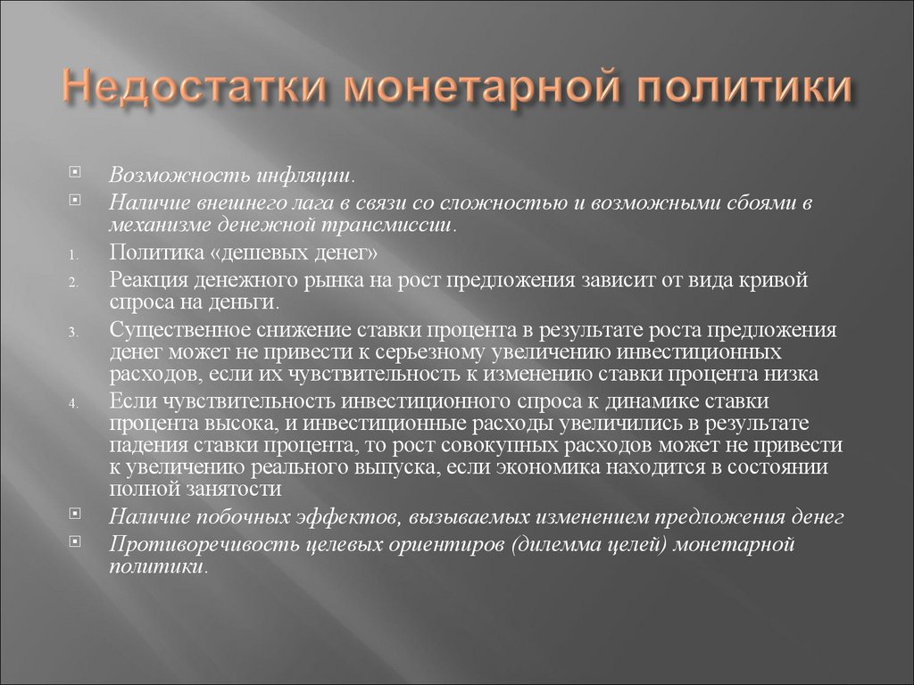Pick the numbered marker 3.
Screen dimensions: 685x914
point(74,332)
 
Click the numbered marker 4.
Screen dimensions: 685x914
point(74,402)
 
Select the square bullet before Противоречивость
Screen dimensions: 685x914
point(75,541)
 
